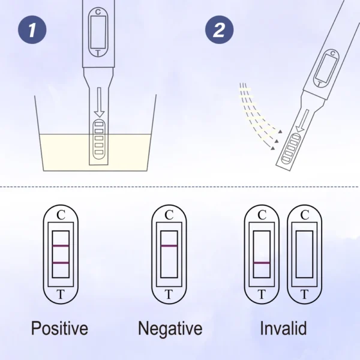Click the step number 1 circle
tap(32, 29)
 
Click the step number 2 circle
tap(219, 29)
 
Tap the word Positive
tap(59, 329)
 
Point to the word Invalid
tap(283, 328)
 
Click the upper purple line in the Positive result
tap(61, 246)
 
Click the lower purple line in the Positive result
tap(61, 263)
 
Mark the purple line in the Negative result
tap(169, 246)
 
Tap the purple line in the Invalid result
tap(262, 263)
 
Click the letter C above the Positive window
tap(61, 215)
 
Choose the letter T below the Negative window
tap(169, 294)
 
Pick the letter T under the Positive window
tap(61, 294)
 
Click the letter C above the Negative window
tap(169, 215)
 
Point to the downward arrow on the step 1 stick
tap(100, 102)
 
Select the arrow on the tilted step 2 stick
tap(302, 121)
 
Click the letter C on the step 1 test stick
tap(98, 12)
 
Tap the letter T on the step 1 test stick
tap(98, 53)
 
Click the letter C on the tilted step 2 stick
tap(332, 53)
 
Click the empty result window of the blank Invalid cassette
tap(304, 254)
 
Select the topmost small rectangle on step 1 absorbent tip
tap(99, 124)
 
